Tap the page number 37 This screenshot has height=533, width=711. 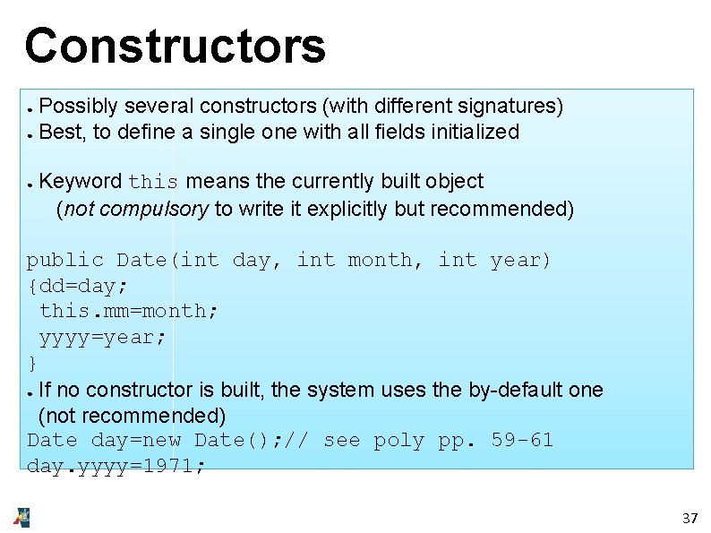pyautogui.click(x=690, y=518)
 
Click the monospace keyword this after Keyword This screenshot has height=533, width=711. pyautogui.click(x=153, y=182)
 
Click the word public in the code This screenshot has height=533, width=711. pyautogui.click(x=65, y=260)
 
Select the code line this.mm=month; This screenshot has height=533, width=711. pyautogui.click(x=129, y=311)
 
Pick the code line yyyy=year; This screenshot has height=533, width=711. pyautogui.click(x=103, y=337)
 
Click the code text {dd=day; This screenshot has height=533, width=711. pyautogui.click(x=78, y=286)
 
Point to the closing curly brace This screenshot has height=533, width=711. pyautogui.click(x=32, y=363)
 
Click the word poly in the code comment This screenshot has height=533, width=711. pyautogui.click(x=398, y=440)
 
